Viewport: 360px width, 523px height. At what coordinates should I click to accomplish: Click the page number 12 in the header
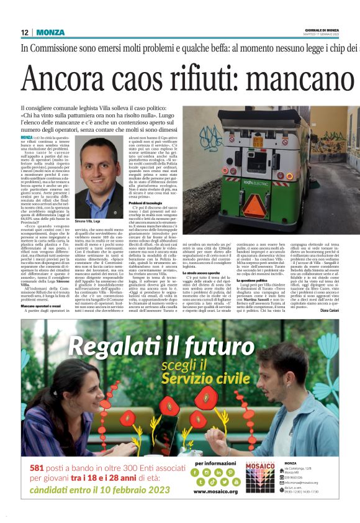[25, 32]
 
